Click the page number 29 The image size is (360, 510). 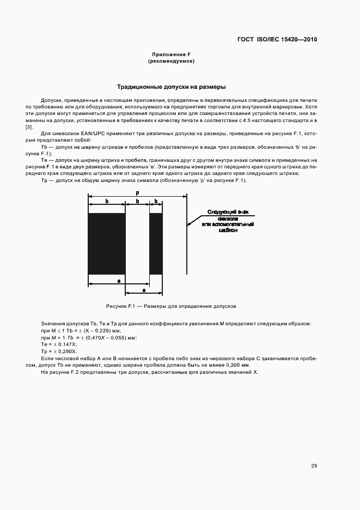pos(314,465)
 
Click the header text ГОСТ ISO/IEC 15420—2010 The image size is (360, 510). pos(277,39)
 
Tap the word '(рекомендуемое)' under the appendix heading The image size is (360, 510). pos(171,62)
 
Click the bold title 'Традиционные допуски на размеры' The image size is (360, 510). pos(172,87)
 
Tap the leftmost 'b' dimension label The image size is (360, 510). pos(107,202)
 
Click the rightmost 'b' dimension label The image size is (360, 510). pos(156,202)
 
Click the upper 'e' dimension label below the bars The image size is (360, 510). pos(119,280)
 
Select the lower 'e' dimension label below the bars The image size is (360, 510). pos(143,289)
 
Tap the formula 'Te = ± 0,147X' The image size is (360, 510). pos(59,345)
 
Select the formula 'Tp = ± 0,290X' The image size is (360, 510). pos(59,352)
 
